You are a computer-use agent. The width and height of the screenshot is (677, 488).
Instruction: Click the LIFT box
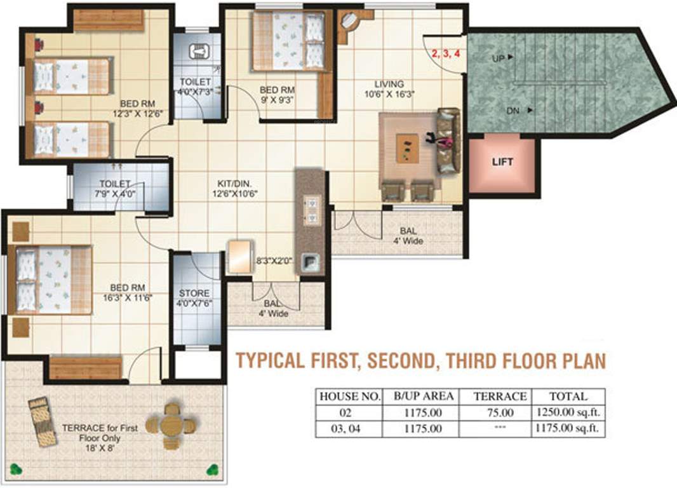(x=502, y=162)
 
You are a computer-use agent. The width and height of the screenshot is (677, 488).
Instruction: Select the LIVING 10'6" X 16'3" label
(x=389, y=89)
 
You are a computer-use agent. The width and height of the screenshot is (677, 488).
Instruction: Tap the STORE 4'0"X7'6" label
(x=194, y=298)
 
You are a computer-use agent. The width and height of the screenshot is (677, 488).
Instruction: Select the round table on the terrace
(x=170, y=424)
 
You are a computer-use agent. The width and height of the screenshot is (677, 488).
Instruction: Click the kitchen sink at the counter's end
(x=311, y=262)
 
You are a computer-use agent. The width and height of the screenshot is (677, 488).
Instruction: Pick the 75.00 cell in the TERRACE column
(x=500, y=412)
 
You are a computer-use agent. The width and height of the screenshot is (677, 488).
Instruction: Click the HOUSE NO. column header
(x=349, y=396)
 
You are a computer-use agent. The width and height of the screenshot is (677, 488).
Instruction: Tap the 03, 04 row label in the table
(x=349, y=429)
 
